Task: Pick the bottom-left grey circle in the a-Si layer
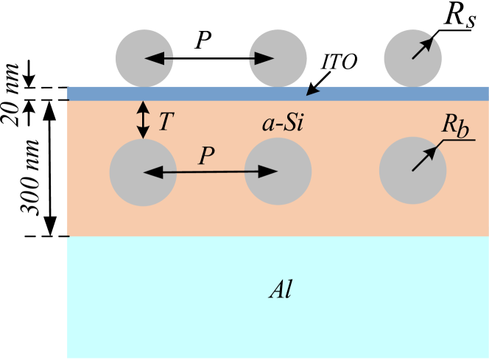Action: pyautogui.click(x=143, y=172)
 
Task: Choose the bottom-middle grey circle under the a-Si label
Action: pyautogui.click(x=278, y=172)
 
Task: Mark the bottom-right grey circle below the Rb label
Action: pyautogui.click(x=412, y=172)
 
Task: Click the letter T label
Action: pyautogui.click(x=166, y=121)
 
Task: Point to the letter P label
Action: pyautogui.click(x=206, y=156)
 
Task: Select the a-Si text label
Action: pyautogui.click(x=284, y=123)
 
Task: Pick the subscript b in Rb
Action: pyautogui.click(x=462, y=130)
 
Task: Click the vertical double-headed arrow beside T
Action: pyautogui.click(x=144, y=120)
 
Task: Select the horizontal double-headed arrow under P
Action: pyautogui.click(x=210, y=172)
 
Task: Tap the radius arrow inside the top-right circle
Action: pyautogui.click(x=421, y=49)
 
